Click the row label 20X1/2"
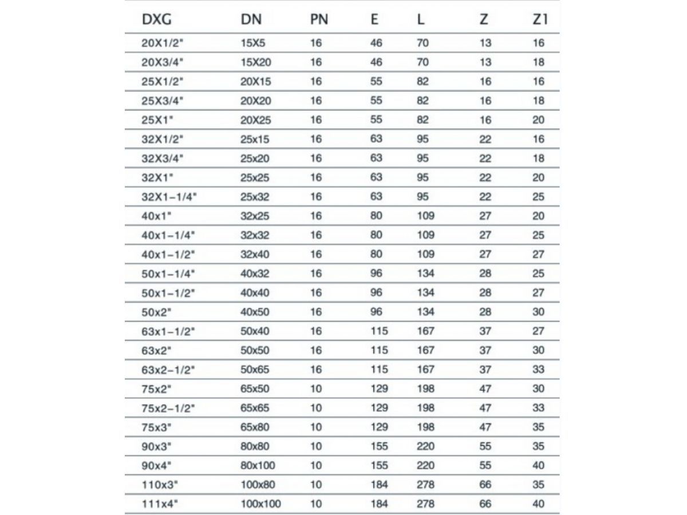point(161,43)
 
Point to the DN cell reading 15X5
point(252,43)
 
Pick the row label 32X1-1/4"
point(169,197)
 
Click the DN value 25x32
point(256,197)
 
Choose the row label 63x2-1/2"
point(168,370)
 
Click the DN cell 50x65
point(256,370)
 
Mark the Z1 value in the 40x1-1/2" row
point(538,254)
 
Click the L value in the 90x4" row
point(425,466)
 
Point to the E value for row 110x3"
point(379,485)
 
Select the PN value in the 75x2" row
point(316,389)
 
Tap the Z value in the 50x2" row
point(485,312)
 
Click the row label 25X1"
point(158,120)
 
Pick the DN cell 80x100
point(258,466)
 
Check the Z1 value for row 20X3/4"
point(538,62)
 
